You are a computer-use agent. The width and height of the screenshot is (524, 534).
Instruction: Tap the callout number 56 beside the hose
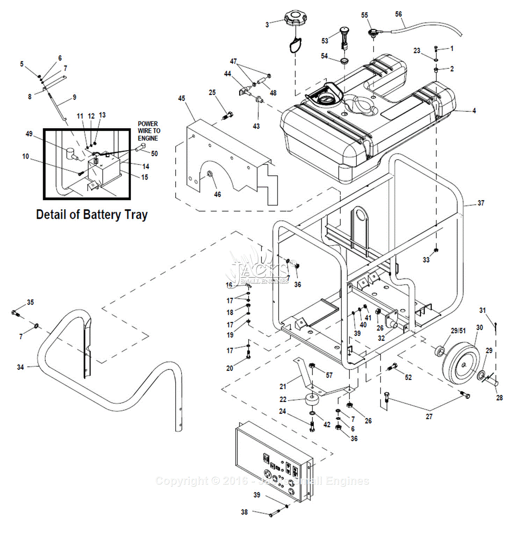tap(399, 14)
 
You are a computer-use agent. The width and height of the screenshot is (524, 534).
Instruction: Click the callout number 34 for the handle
tap(21, 367)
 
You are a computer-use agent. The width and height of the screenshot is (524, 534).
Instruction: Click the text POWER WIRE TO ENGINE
tap(149, 131)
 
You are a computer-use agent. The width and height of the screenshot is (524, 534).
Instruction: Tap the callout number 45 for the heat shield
tap(182, 98)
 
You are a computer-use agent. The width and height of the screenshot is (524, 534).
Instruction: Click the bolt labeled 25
tap(228, 115)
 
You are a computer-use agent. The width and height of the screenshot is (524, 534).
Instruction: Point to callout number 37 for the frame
tap(481, 203)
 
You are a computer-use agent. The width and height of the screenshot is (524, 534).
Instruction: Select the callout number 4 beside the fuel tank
tap(474, 111)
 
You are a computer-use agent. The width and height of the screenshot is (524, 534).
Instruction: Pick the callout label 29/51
tap(458, 331)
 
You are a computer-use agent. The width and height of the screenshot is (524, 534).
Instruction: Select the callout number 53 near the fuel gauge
tap(325, 41)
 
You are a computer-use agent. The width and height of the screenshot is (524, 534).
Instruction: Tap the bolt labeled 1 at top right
tap(436, 49)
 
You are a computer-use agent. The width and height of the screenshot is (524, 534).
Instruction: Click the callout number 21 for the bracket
tap(283, 386)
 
